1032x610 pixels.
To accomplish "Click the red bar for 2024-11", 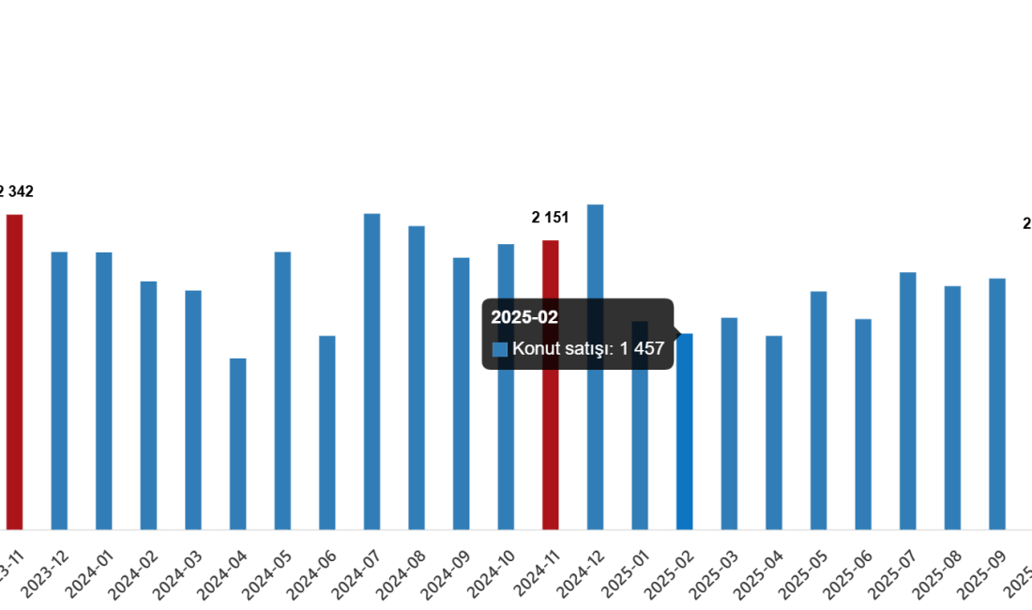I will pyautogui.click(x=551, y=450).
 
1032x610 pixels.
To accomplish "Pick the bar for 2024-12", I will pyautogui.click(x=595, y=450).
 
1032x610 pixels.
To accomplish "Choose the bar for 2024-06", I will pyautogui.click(x=327, y=432).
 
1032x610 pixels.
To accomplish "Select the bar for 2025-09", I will pyautogui.click(x=997, y=404).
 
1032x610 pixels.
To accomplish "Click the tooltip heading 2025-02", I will pyautogui.click(x=524, y=317).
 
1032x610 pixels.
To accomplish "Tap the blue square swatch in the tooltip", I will pyautogui.click(x=500, y=349).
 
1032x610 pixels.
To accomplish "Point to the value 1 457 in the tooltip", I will pyautogui.click(x=642, y=349).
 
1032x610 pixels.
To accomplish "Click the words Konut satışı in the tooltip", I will pyautogui.click(x=561, y=349).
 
